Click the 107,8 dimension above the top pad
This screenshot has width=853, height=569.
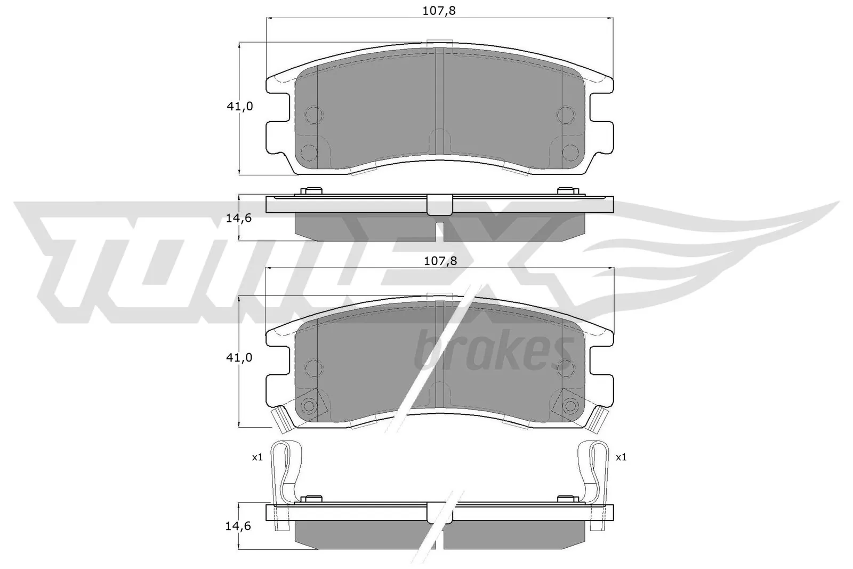(439, 10)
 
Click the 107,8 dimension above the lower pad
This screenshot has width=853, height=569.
(439, 261)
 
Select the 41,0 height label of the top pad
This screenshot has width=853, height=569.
(240, 106)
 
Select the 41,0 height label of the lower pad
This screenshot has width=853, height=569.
(240, 358)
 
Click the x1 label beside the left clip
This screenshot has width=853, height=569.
(257, 457)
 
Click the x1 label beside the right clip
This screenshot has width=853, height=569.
(621, 457)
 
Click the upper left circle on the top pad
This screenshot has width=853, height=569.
(312, 114)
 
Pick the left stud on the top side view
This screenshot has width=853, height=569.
(311, 191)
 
